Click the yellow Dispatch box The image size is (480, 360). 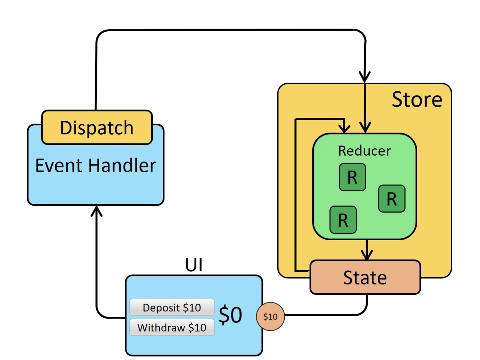tap(97, 127)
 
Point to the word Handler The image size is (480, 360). tap(122, 166)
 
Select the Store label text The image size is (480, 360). tap(417, 100)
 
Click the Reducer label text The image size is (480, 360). tap(365, 151)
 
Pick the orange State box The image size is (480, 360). tap(365, 277)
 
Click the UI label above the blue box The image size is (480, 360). tap(194, 265)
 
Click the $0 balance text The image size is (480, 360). tap(230, 315)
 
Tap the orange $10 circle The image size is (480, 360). tap(270, 316)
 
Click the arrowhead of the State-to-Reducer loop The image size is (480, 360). tap(344, 128)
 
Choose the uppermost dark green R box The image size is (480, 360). tap(352, 177)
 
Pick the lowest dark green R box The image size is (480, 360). tap(343, 220)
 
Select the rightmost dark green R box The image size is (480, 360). tap(392, 199)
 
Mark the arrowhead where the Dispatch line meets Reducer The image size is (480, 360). tap(365, 127)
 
